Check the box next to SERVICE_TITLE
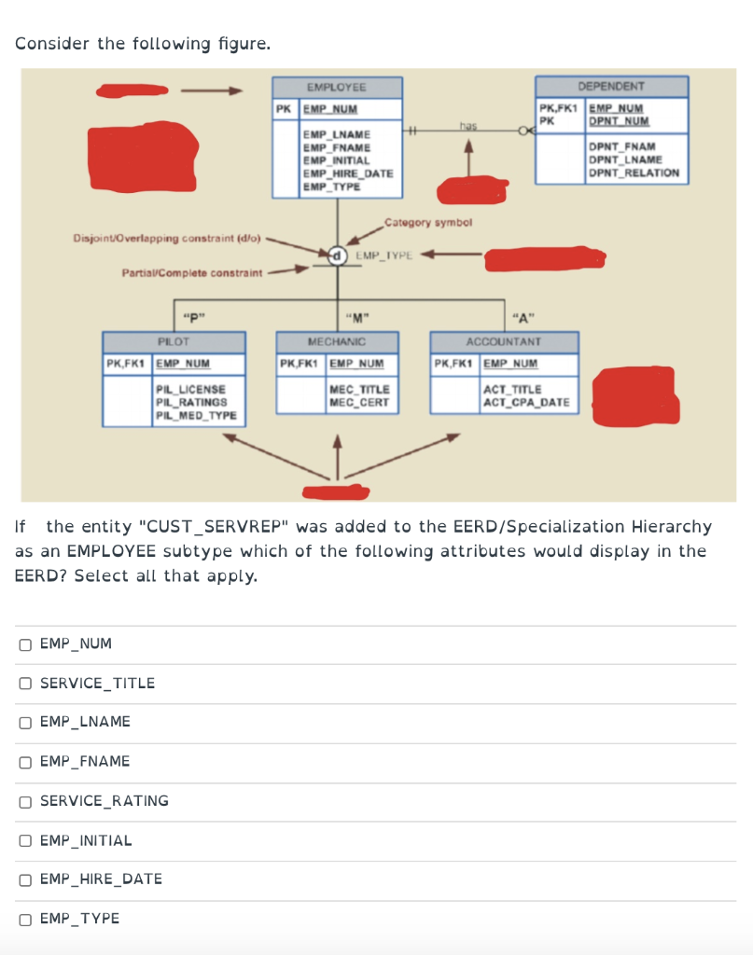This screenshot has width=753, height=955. pos(25,684)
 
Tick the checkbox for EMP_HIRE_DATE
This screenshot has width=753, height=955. pos(25,879)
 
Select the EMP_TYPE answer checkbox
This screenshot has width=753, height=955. pos(25,919)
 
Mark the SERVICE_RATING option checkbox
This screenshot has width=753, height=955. pos(25,801)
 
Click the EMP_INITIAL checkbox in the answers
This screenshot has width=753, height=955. pos(25,840)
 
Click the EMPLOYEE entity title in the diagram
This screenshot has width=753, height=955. pos(337,87)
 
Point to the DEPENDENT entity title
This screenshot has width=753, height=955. pos(611,86)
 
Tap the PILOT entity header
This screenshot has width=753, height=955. pos(174,342)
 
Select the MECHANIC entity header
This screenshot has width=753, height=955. pos(337,342)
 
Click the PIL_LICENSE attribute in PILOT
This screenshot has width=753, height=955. pos(190,389)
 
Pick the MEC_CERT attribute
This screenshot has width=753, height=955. pos(359,402)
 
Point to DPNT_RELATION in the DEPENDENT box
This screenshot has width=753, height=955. pos(634,173)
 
